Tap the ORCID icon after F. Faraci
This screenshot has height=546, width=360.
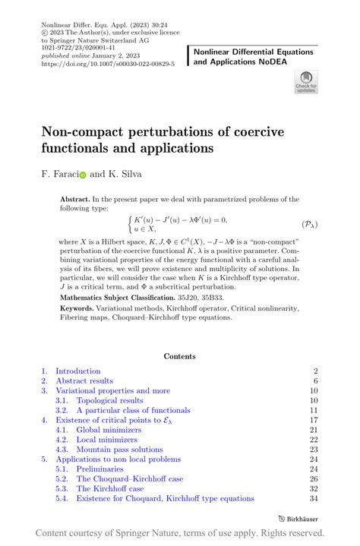(x=83, y=174)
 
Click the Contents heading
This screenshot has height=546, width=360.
(x=179, y=355)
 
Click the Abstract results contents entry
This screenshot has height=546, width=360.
(x=84, y=380)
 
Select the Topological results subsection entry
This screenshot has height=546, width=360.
(x=109, y=400)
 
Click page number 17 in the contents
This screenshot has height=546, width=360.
(x=313, y=420)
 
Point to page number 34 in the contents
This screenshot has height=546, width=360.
(x=313, y=498)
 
